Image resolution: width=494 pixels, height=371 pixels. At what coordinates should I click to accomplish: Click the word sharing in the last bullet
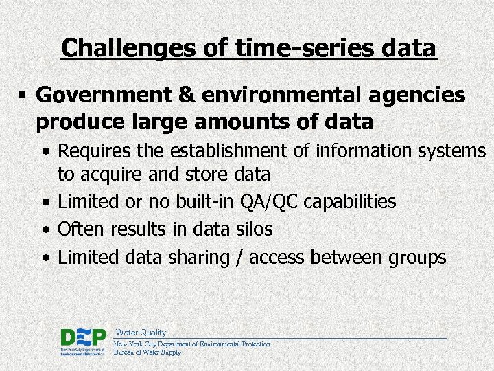[198, 258]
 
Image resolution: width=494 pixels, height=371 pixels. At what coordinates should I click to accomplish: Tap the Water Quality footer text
[141, 332]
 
